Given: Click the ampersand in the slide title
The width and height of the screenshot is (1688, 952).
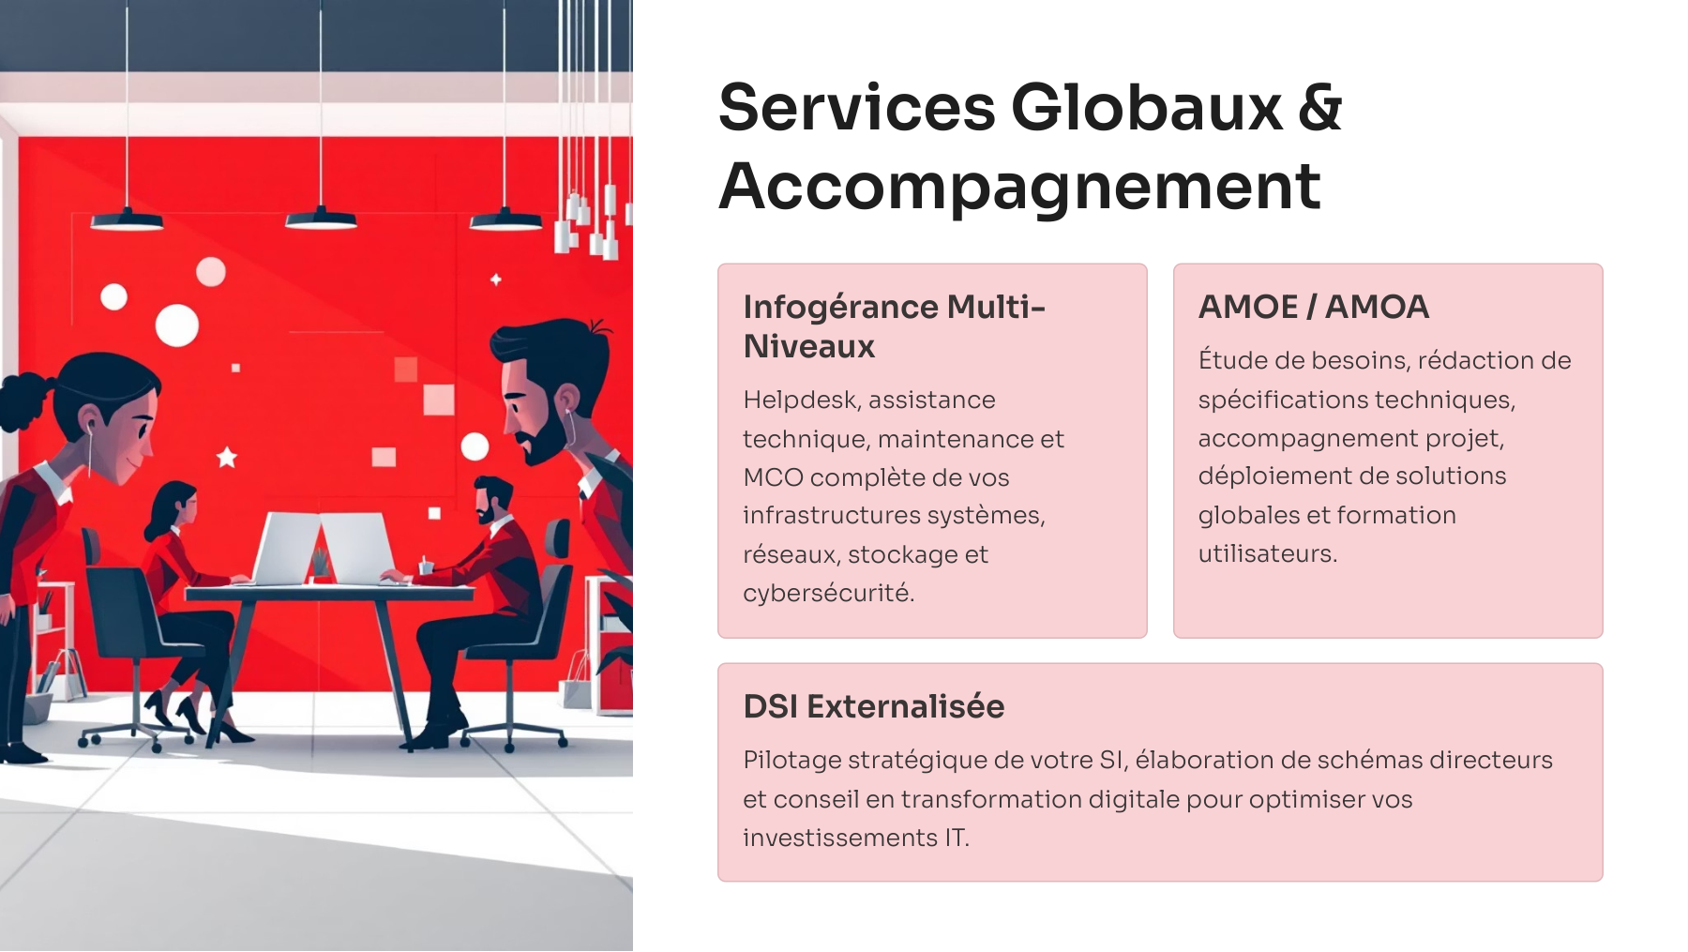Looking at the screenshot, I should (1319, 108).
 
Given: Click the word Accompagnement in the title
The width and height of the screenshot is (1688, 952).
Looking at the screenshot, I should (1019, 187).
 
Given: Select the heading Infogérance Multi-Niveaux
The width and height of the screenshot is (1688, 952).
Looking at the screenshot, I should (893, 326).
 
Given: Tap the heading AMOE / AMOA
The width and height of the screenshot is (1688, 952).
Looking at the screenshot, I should (1313, 307).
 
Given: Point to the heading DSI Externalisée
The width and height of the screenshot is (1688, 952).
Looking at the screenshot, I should (873, 706).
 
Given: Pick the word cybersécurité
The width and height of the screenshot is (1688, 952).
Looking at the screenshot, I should (827, 593).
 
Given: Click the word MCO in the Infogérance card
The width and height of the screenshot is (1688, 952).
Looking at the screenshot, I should (773, 477).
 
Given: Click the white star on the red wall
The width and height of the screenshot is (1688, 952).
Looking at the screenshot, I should (227, 458).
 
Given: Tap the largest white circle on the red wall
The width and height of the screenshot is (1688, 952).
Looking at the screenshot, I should (176, 325).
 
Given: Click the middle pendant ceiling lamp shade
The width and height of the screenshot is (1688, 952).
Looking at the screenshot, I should (321, 220).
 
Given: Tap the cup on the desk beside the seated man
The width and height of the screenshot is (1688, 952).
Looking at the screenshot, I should (426, 566).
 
